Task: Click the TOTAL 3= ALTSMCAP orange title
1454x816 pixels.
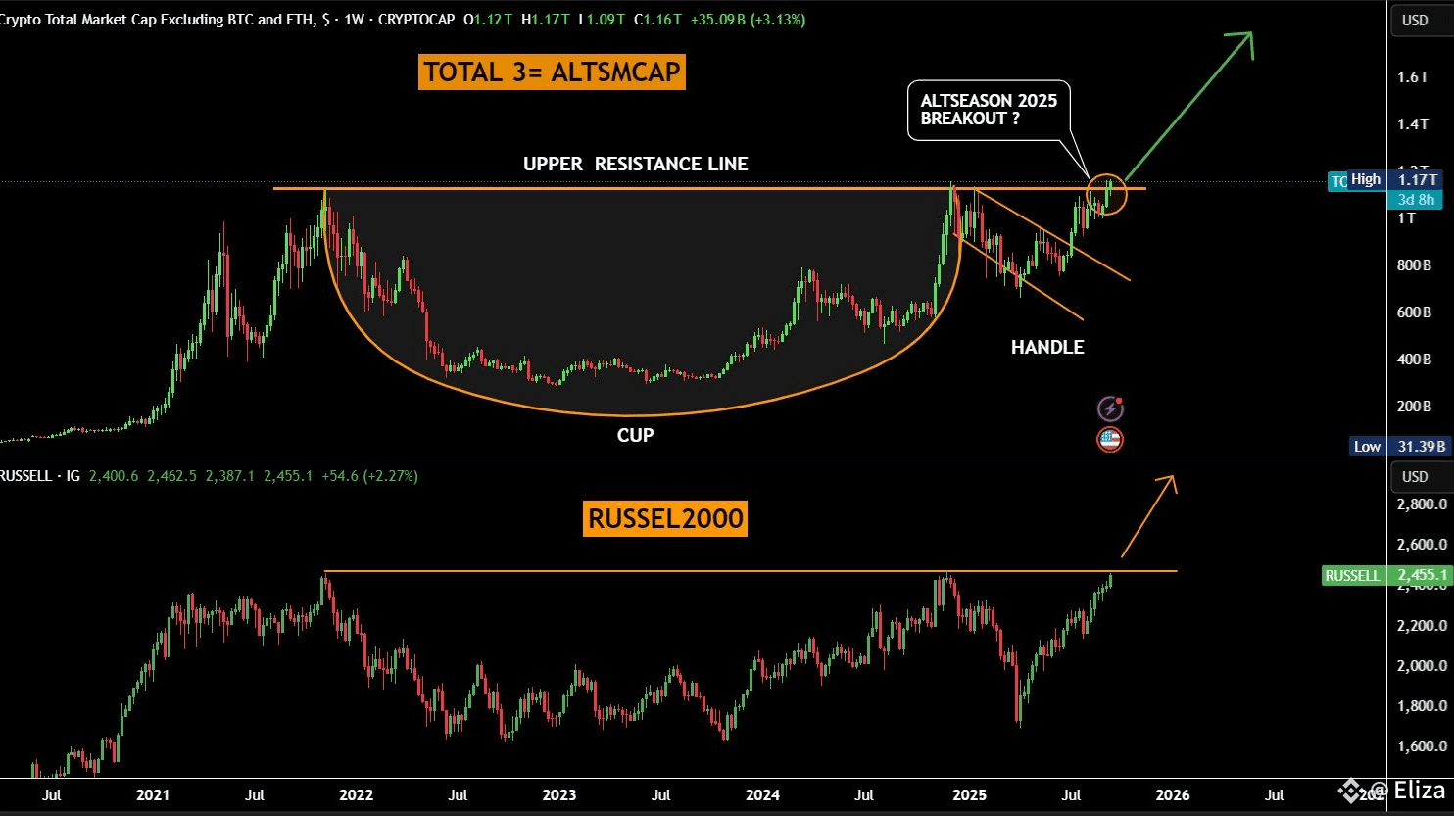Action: (553, 72)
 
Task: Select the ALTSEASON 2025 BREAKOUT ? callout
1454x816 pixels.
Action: (989, 109)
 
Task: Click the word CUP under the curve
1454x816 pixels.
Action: (635, 435)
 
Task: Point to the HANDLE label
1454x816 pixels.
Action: (1047, 347)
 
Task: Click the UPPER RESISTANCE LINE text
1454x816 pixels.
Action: (635, 164)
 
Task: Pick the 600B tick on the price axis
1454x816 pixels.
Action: (1414, 312)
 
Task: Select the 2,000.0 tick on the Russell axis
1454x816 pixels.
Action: (1421, 666)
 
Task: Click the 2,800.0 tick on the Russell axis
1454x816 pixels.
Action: (1421, 504)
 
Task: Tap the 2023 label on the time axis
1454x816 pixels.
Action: (559, 794)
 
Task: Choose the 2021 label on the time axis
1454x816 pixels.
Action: (153, 794)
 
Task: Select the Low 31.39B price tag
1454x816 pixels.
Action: (1398, 447)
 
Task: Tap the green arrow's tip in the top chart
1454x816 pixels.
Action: (1251, 34)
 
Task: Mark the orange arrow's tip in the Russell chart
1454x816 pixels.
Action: (1172, 478)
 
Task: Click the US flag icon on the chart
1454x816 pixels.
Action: (1109, 440)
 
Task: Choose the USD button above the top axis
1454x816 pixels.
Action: (1415, 20)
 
